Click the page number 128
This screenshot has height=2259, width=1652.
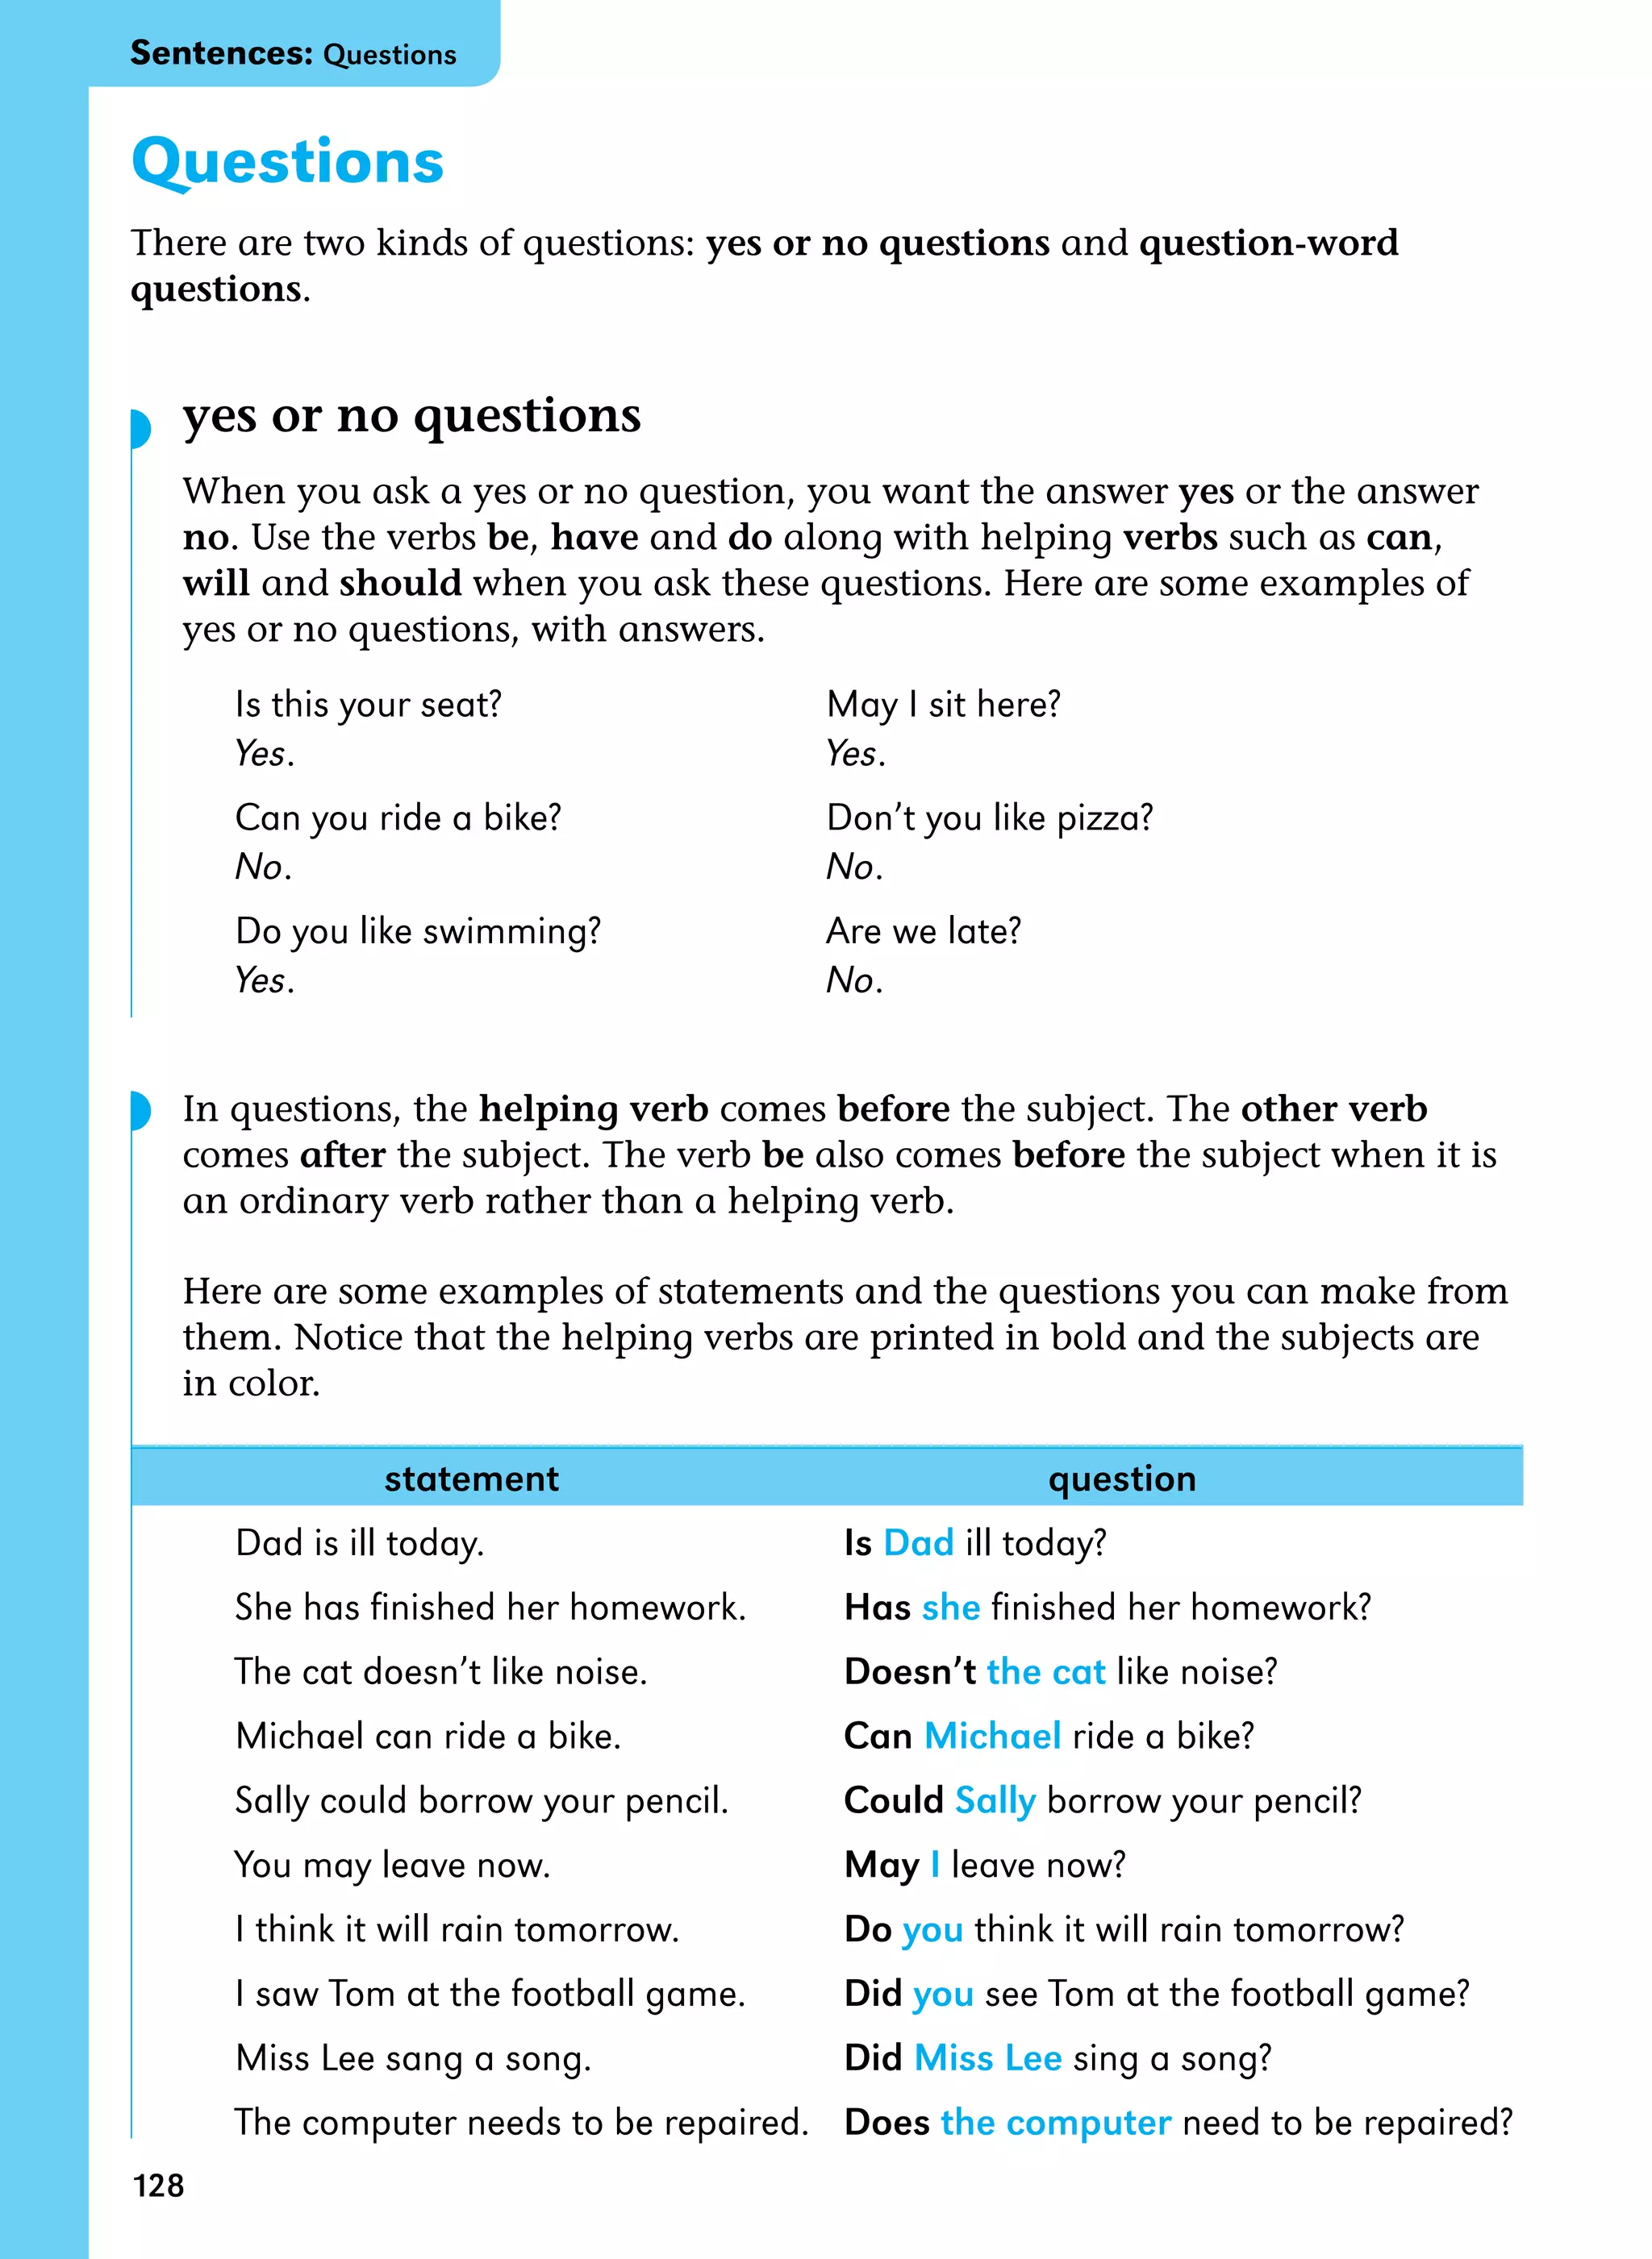(158, 2185)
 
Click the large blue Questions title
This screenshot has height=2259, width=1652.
(287, 161)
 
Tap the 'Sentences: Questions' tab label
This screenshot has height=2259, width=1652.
(293, 53)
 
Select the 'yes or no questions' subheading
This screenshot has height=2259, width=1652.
(411, 415)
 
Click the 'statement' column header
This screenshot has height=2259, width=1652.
(471, 1479)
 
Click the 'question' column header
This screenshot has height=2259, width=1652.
(1121, 1479)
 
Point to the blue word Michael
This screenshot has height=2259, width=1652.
(992, 1737)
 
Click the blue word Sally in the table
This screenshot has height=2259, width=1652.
(995, 1801)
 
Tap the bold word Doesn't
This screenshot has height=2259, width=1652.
(909, 1671)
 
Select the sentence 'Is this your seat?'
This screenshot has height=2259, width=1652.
(368, 705)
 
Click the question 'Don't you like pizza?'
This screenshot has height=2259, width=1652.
(989, 817)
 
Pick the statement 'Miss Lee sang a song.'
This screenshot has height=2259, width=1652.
(413, 2058)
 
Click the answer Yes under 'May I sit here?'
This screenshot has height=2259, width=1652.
(855, 754)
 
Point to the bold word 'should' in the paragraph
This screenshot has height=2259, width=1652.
(400, 583)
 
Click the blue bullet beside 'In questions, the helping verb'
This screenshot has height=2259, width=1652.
(141, 1110)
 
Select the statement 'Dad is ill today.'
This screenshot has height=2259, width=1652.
(360, 1543)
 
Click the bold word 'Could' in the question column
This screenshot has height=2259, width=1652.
(893, 1800)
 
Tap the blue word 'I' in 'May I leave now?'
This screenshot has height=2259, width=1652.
(935, 1866)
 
